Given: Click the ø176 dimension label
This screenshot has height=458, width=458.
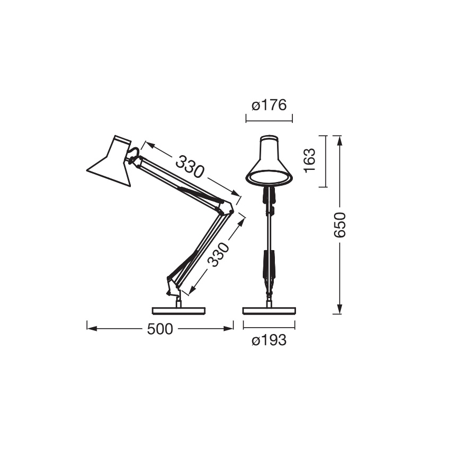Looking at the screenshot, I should click(x=269, y=106).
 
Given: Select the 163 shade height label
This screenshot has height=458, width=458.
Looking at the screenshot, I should click(x=310, y=160).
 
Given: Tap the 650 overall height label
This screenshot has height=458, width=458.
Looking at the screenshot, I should click(x=340, y=225).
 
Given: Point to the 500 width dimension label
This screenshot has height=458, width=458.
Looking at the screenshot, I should click(x=160, y=329).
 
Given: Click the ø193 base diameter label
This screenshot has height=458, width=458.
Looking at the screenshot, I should click(x=269, y=341).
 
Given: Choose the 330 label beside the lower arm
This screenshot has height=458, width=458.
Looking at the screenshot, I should click(x=219, y=255).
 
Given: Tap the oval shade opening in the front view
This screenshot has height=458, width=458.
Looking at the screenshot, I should click(x=269, y=178).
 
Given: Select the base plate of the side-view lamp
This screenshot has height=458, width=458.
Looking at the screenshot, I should click(x=177, y=310).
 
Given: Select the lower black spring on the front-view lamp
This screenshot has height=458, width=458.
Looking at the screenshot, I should click(x=269, y=264).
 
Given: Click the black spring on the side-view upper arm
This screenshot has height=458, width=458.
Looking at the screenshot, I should click(x=198, y=194).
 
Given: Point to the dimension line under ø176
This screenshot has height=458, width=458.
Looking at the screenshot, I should click(x=269, y=120).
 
